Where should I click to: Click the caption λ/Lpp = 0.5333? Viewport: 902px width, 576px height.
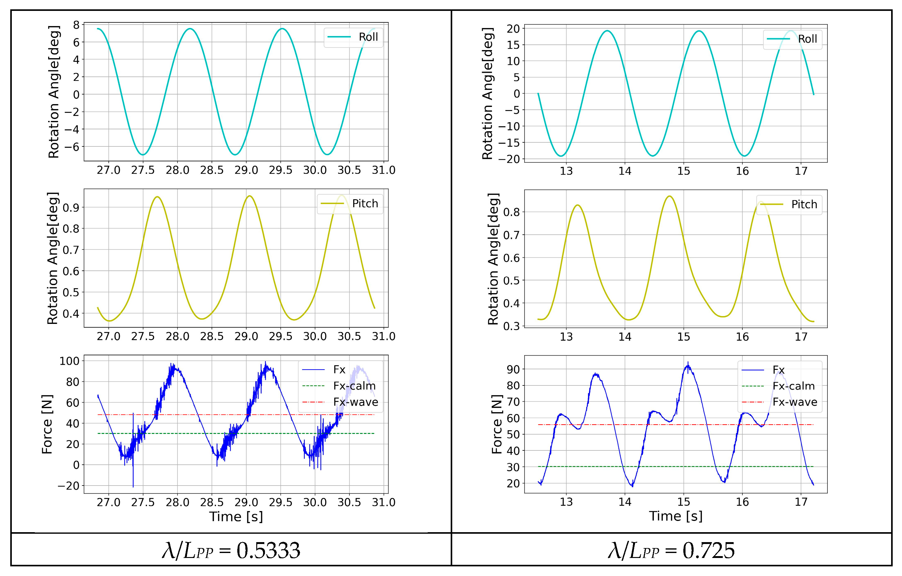click(x=231, y=551)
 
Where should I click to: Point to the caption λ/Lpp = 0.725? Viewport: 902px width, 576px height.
click(x=671, y=551)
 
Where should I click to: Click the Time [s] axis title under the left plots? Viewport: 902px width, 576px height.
click(x=236, y=517)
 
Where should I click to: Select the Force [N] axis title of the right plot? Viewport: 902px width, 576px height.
click(x=497, y=424)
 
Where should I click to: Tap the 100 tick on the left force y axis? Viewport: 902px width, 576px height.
click(x=69, y=361)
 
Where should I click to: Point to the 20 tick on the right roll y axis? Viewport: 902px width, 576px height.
click(x=513, y=29)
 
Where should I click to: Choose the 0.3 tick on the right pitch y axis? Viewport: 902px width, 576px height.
click(x=511, y=326)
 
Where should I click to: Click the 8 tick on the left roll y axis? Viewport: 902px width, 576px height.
click(x=76, y=25)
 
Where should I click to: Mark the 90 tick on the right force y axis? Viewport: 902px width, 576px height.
click(x=513, y=370)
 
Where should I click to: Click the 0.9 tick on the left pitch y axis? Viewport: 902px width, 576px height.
click(x=71, y=208)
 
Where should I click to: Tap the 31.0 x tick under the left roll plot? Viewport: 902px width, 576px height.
click(x=384, y=171)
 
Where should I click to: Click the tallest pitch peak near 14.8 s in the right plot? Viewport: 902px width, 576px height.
click(x=670, y=196)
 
